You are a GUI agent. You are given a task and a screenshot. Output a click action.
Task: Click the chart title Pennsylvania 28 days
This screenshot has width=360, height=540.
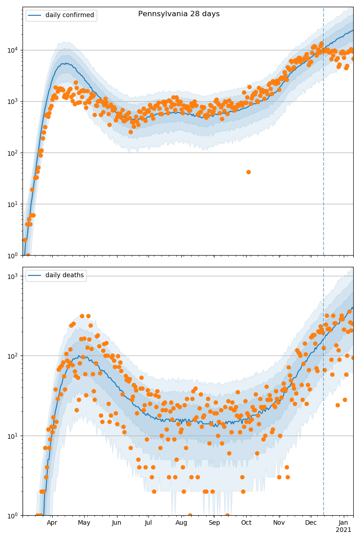[179, 14]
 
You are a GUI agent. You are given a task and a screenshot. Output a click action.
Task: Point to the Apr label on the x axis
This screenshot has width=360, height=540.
[52, 523]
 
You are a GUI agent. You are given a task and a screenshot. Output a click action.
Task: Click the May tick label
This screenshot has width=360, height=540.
[84, 523]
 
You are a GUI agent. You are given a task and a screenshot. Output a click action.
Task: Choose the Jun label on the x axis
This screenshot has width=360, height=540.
[117, 523]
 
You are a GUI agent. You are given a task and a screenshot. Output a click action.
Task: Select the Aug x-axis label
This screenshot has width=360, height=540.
[181, 523]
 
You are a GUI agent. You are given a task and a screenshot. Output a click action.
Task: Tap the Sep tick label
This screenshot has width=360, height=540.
[214, 523]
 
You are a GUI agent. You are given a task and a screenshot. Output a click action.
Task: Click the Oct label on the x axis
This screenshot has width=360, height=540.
[246, 523]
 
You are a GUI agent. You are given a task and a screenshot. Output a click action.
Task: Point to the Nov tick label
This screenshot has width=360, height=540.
[279, 523]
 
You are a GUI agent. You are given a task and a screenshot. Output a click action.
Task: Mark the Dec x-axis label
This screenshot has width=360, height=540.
[311, 523]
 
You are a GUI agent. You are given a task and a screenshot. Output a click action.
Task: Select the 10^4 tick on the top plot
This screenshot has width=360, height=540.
[13, 50]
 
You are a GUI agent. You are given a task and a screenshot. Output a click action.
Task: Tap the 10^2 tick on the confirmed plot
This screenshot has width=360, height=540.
[13, 153]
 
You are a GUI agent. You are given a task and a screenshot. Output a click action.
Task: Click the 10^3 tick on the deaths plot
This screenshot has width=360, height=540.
[13, 276]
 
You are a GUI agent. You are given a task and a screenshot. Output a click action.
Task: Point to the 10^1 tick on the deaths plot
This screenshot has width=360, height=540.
[13, 436]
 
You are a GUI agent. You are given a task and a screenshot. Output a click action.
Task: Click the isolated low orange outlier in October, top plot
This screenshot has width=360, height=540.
[248, 172]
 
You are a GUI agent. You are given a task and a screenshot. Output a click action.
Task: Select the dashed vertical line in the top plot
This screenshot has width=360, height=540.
[324, 135]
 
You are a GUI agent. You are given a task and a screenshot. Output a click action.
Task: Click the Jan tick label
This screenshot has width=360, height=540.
[344, 523]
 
